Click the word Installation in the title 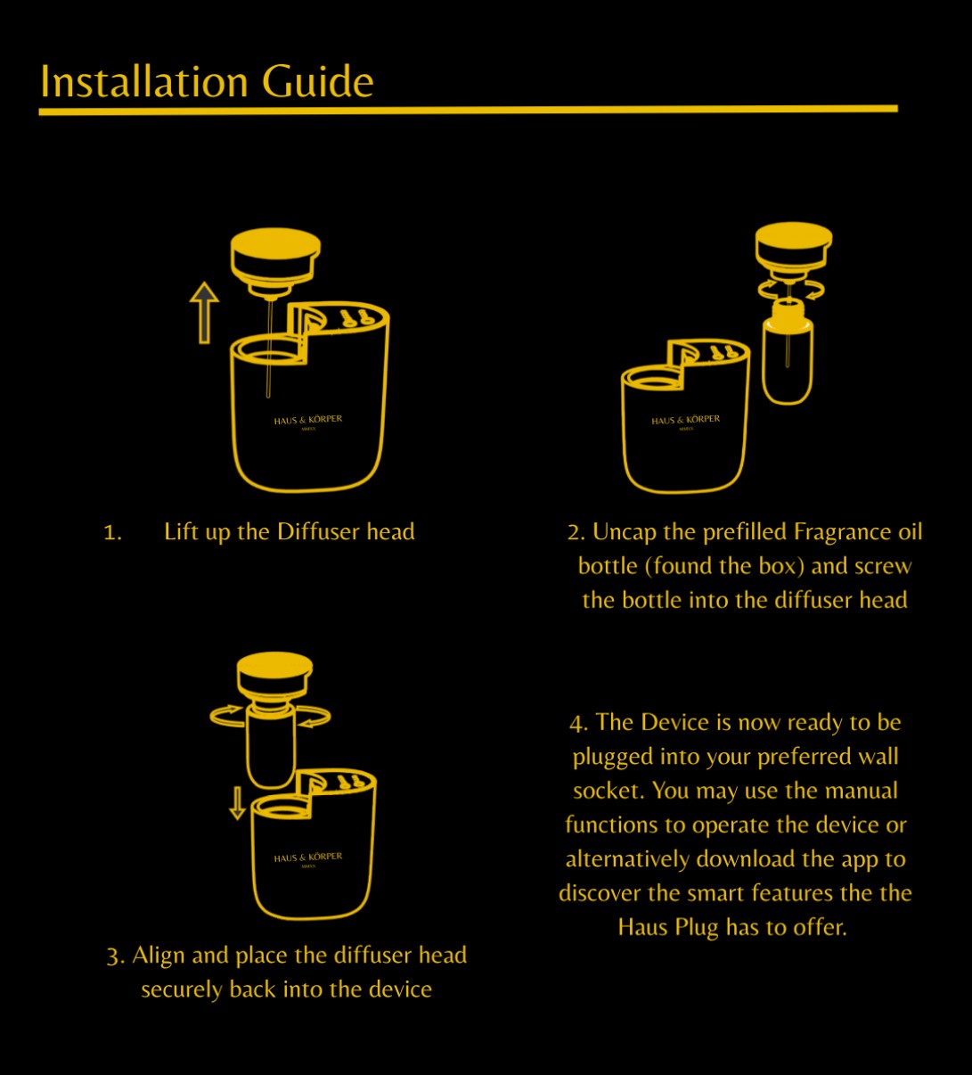[144, 81]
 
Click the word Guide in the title [317, 81]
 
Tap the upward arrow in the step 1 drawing [204, 312]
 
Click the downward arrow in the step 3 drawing [237, 803]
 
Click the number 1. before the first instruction [112, 533]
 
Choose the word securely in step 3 [182, 990]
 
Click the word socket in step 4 [609, 791]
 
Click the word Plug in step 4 [696, 928]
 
